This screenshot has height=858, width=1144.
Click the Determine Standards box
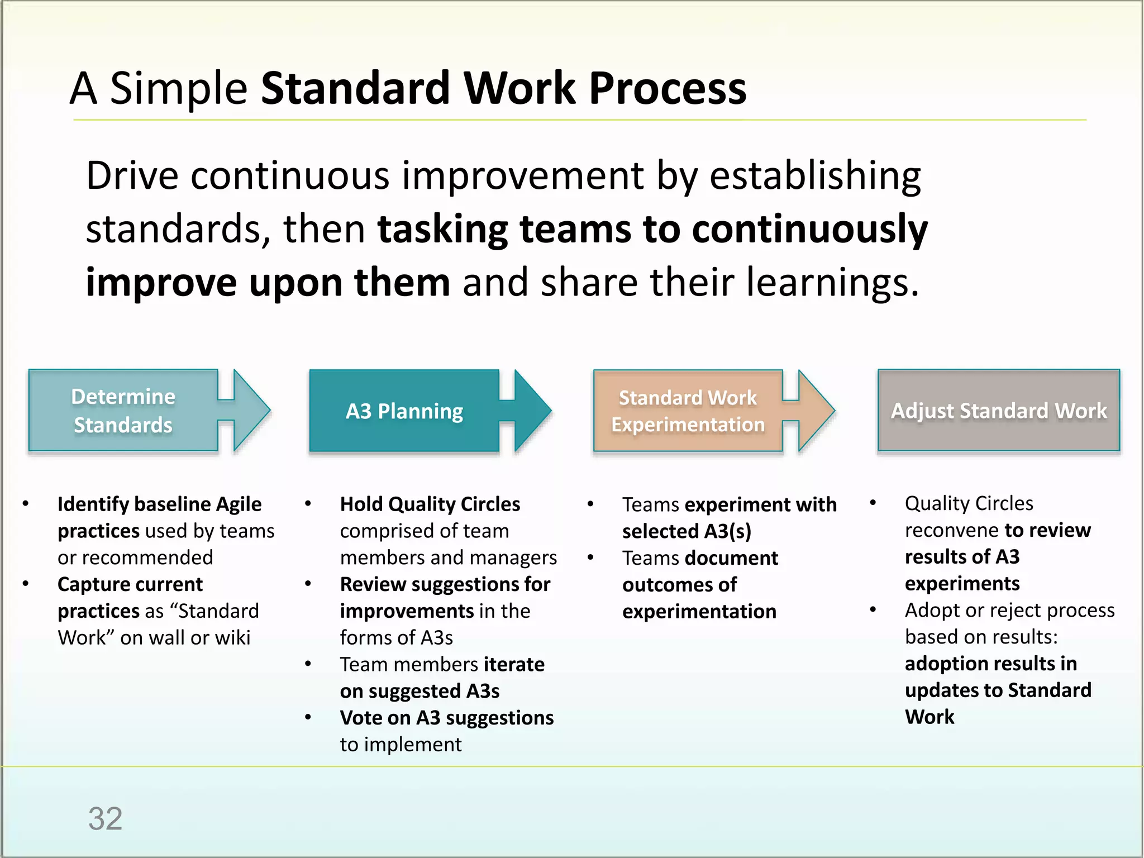(123, 411)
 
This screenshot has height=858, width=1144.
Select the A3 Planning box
(404, 411)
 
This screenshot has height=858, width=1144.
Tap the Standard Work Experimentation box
(688, 411)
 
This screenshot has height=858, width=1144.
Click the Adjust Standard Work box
(999, 411)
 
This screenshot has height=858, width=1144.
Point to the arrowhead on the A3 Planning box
(531, 411)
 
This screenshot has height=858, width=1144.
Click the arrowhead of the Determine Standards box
(251, 411)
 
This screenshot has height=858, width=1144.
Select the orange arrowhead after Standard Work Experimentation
(815, 411)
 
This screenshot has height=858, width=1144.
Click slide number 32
(105, 819)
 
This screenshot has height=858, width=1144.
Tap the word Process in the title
(668, 88)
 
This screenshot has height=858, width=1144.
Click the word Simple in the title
(179, 88)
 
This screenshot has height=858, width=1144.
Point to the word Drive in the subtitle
(132, 176)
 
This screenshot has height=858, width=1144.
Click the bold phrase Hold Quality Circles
(430, 504)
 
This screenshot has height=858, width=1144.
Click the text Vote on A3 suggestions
(446, 718)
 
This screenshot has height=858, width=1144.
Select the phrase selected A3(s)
(687, 531)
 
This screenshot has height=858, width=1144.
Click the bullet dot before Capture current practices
(26, 584)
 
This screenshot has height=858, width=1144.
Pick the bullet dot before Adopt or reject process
(873, 610)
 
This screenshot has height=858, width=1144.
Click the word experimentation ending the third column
(699, 612)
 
